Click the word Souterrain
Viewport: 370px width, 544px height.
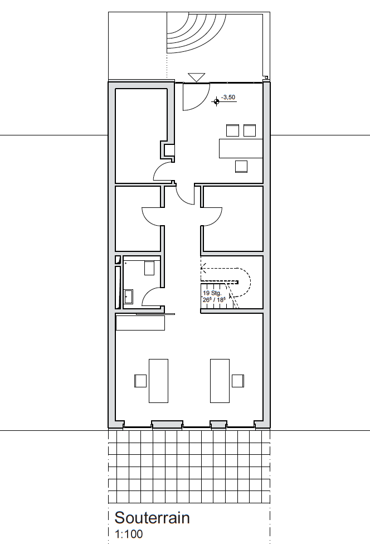click(152, 518)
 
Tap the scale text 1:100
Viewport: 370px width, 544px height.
click(129, 534)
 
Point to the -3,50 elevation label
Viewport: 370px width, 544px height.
click(228, 97)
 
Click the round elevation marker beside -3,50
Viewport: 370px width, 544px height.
click(216, 101)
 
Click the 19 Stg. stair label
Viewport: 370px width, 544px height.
click(212, 293)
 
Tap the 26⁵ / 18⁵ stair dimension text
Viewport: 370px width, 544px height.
click(214, 299)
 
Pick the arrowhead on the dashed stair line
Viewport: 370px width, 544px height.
click(203, 268)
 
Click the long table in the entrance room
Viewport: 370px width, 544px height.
click(241, 148)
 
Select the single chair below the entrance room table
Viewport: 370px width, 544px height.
click(241, 167)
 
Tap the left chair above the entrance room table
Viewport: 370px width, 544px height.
click(233, 130)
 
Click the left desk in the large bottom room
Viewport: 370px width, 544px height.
click(158, 381)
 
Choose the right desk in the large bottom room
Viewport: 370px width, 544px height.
click(220, 381)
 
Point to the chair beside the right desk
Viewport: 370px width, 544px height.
click(238, 381)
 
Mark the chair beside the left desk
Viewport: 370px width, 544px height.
click(140, 381)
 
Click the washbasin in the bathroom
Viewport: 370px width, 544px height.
click(129, 297)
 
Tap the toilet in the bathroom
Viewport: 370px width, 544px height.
click(149, 268)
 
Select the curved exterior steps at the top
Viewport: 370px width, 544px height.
click(196, 33)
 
